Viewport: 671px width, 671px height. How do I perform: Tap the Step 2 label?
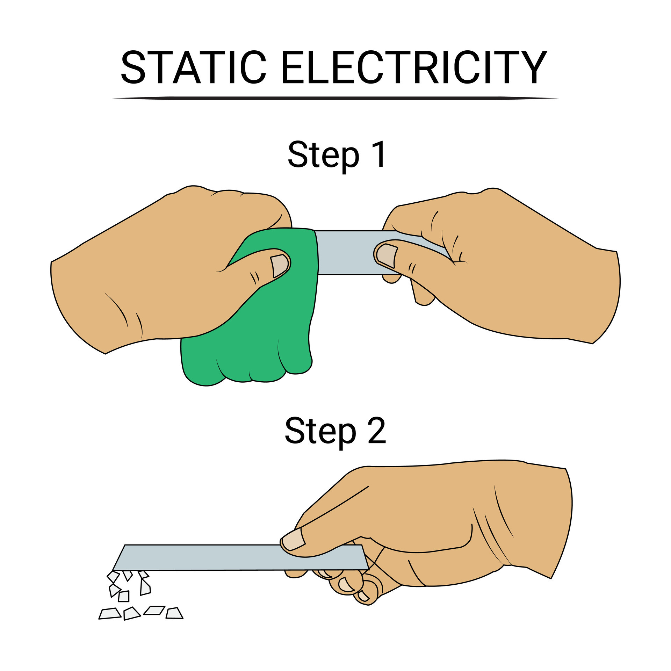click(x=335, y=431)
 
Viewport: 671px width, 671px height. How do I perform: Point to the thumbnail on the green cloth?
click(x=280, y=266)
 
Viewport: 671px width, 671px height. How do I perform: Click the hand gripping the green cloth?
click(x=157, y=273)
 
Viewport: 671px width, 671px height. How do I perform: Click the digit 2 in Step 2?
click(x=377, y=431)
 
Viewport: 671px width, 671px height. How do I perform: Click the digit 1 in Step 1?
click(x=378, y=155)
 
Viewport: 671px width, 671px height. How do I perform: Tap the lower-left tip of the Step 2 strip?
click(x=114, y=569)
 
